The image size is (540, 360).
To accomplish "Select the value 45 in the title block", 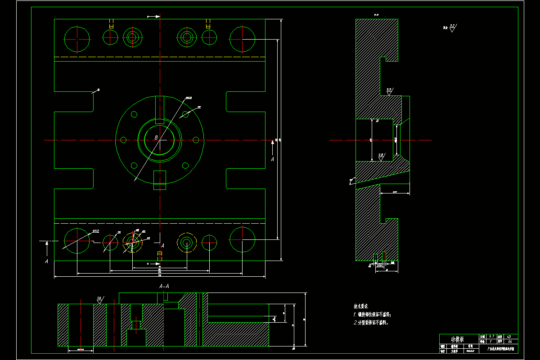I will pos(509,337).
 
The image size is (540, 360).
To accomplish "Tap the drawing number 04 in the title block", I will pos(509,342).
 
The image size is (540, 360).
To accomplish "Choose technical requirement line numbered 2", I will pos(371,323).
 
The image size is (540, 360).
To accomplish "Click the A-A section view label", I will pos(164,286).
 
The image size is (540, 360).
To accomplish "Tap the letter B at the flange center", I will pos(156,137).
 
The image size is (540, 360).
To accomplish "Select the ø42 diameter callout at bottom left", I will pos(95,231).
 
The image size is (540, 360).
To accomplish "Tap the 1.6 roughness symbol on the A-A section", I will pos(99,299).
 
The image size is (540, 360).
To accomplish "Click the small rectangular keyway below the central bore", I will pos(160,180).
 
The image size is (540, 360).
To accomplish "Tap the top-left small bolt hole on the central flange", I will pos(134,115).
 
